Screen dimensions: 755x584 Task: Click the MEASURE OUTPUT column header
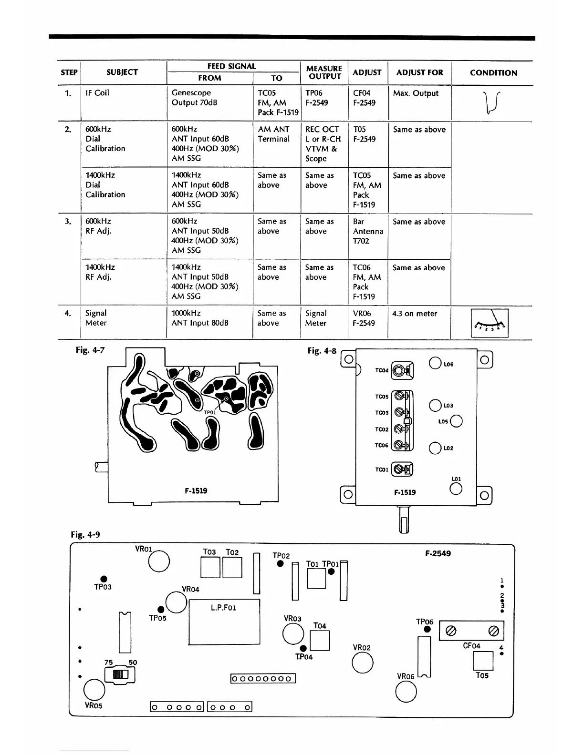(324, 72)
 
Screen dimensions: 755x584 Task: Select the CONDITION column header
(493, 73)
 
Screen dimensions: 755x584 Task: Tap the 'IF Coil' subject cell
(97, 93)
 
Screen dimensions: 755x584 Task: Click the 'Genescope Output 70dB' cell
(191, 98)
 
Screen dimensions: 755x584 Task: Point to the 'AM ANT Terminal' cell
(273, 134)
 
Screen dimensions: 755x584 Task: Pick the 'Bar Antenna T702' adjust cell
(368, 231)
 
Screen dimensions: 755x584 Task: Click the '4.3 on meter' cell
(415, 314)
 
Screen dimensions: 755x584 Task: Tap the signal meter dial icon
(490, 323)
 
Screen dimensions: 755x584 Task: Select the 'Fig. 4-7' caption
(90, 350)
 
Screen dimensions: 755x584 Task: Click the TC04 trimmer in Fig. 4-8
(402, 370)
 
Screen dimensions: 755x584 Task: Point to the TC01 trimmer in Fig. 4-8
(402, 469)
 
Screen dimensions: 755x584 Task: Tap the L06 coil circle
(435, 364)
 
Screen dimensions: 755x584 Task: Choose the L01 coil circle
(456, 489)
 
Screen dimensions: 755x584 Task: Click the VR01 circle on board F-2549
(159, 561)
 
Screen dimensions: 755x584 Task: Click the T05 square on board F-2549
(482, 661)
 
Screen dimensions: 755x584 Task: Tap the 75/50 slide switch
(119, 674)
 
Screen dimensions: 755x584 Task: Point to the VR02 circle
(362, 663)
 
